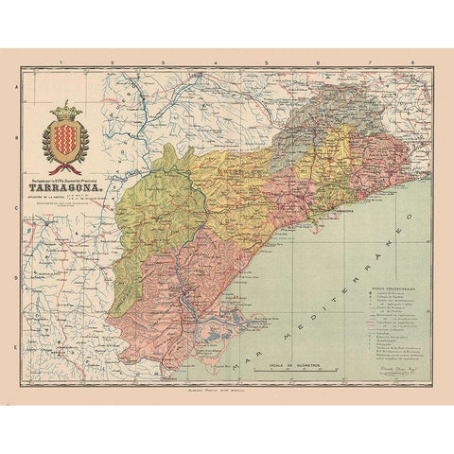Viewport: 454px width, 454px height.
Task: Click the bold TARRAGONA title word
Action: tap(65, 186)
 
